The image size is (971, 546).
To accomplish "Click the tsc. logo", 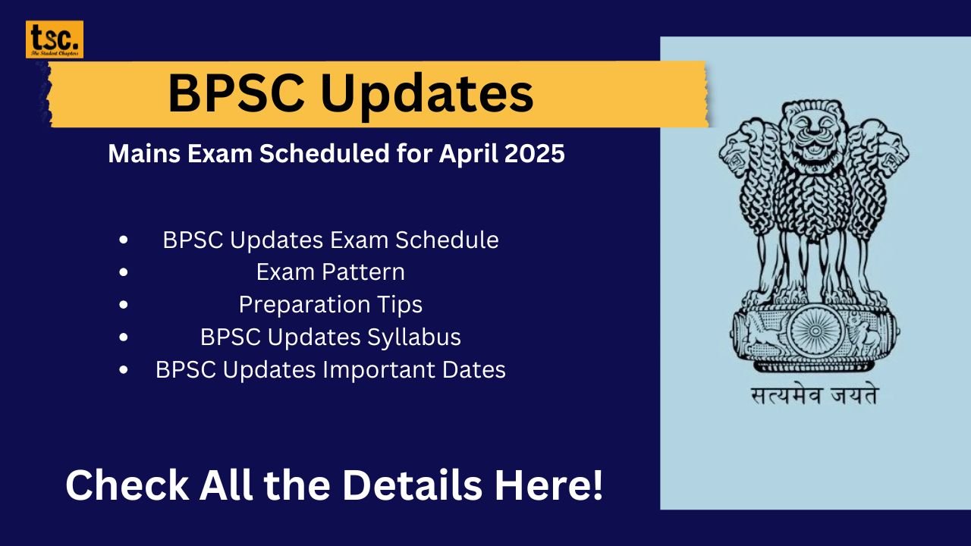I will point(55,39).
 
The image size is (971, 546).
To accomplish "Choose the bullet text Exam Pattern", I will point(330,272).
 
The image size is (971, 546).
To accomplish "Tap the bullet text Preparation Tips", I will point(330,305).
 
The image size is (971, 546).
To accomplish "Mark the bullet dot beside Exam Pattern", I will point(124,272).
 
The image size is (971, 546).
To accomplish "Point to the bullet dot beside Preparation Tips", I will point(124,305).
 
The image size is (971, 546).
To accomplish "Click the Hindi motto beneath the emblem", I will point(812,396).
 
